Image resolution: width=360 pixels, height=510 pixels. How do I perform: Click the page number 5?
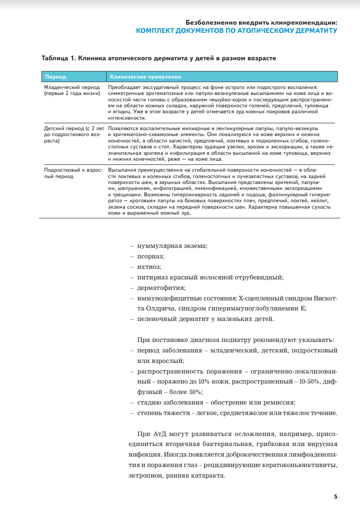[335, 497]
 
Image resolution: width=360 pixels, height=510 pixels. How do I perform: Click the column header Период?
[55, 77]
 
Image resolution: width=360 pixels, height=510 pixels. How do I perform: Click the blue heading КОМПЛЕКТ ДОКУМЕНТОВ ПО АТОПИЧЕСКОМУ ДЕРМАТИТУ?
[237, 31]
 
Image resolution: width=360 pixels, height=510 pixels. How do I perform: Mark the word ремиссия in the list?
[280, 402]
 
